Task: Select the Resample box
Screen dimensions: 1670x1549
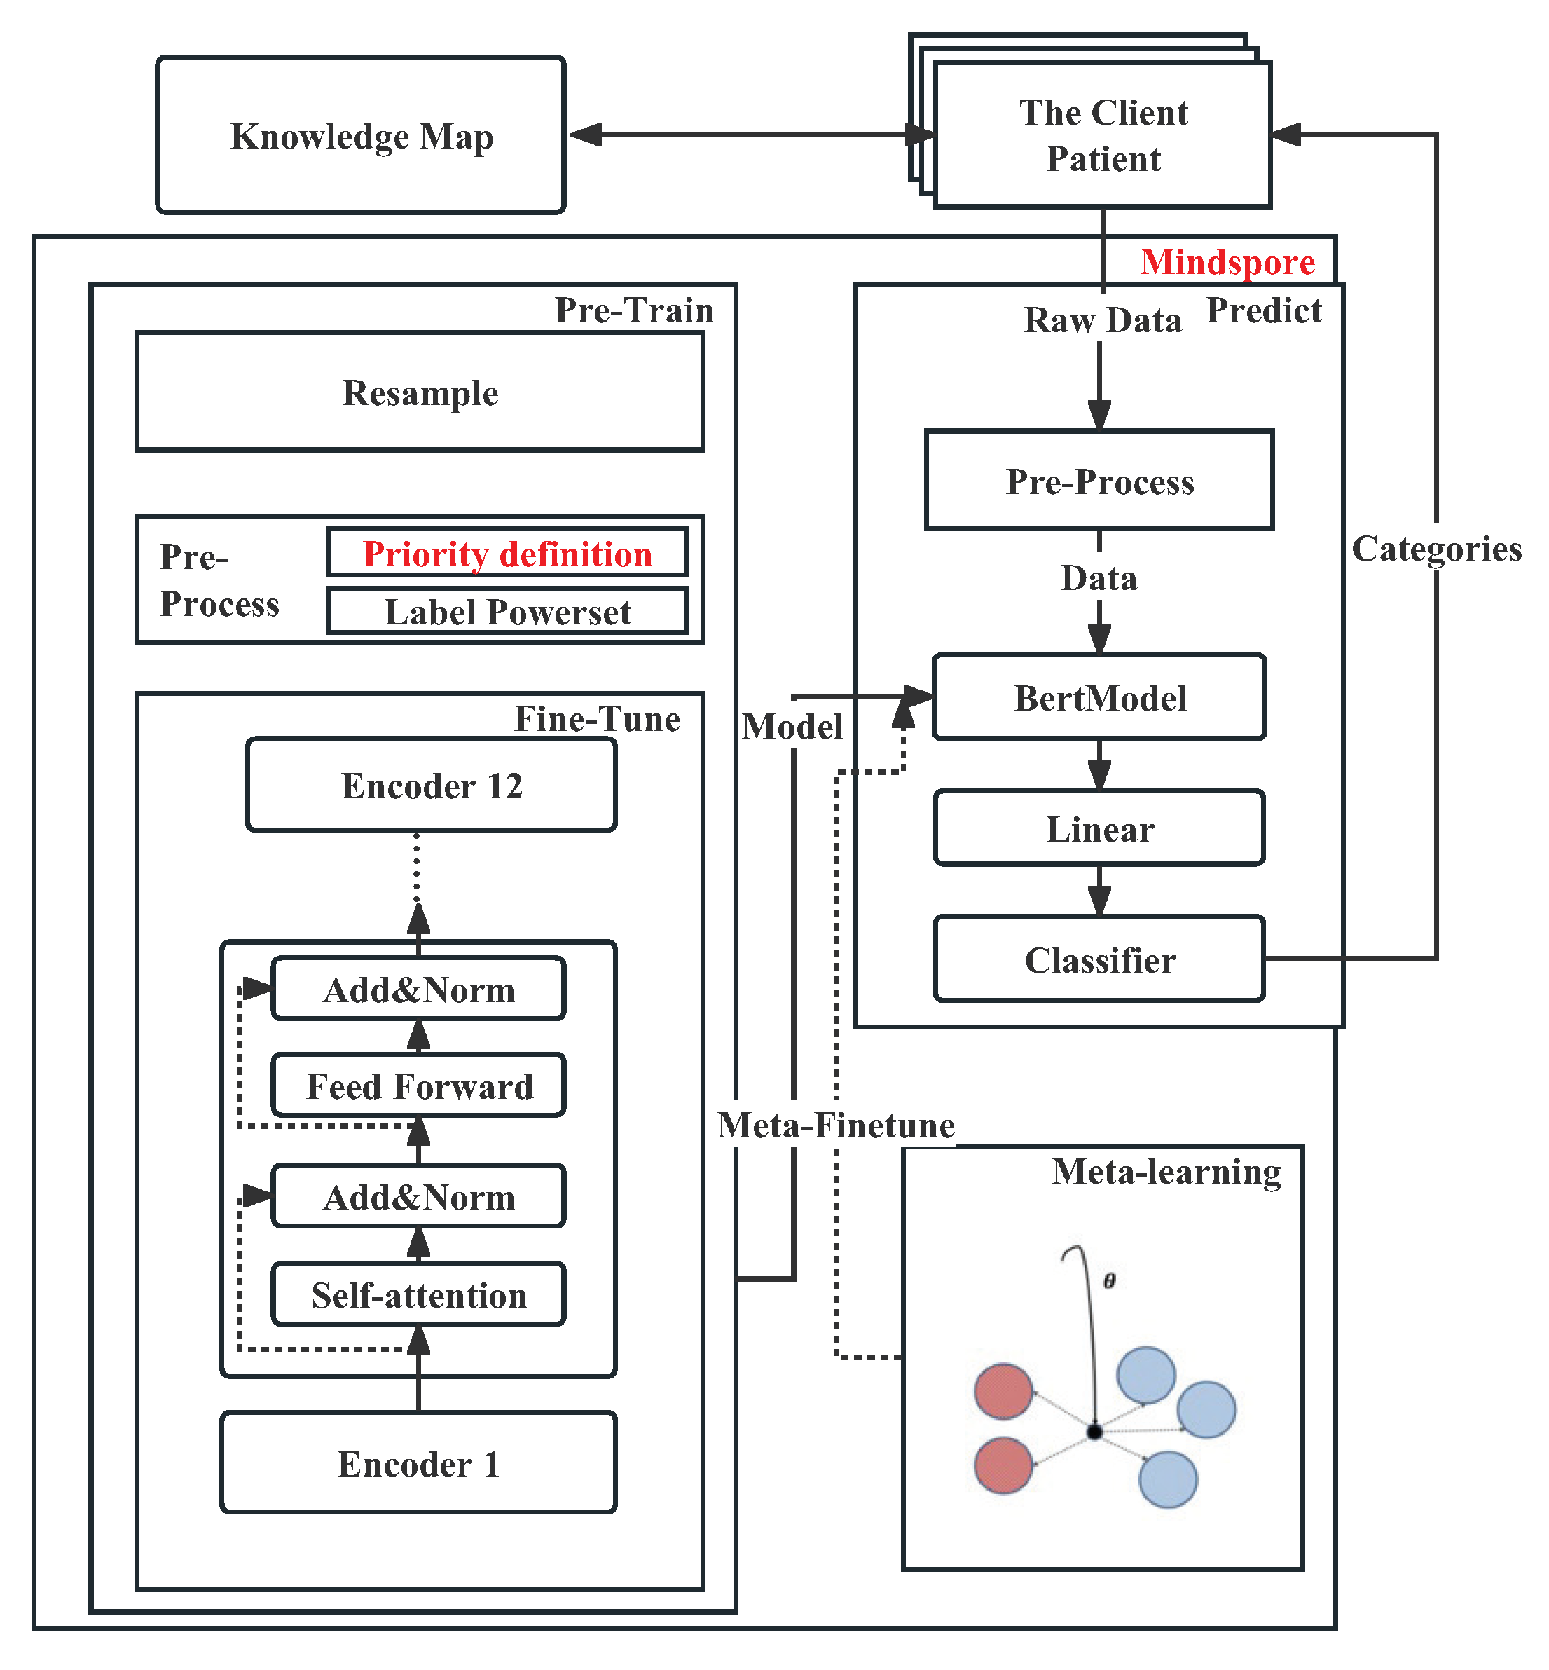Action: click(419, 392)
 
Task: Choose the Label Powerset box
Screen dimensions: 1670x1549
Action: click(507, 612)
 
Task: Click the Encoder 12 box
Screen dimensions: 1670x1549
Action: click(431, 786)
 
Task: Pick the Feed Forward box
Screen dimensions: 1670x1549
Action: click(418, 1086)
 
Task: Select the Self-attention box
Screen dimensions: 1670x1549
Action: click(418, 1294)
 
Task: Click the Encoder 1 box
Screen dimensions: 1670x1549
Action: click(418, 1464)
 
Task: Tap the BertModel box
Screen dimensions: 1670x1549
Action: click(1099, 697)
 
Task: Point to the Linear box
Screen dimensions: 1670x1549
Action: click(1099, 828)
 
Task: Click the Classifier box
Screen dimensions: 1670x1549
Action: click(1099, 960)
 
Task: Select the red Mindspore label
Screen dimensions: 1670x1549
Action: click(1227, 262)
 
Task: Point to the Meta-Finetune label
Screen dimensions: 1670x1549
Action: click(836, 1125)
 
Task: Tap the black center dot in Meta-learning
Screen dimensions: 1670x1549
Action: click(1094, 1432)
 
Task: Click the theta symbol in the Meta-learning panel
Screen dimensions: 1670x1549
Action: click(1109, 1281)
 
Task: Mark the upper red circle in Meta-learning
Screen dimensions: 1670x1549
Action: click(1003, 1392)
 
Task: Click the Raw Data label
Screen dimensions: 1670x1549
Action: click(1102, 320)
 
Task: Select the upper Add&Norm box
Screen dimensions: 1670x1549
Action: click(418, 990)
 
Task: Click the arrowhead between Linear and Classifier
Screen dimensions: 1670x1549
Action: click(1099, 902)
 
